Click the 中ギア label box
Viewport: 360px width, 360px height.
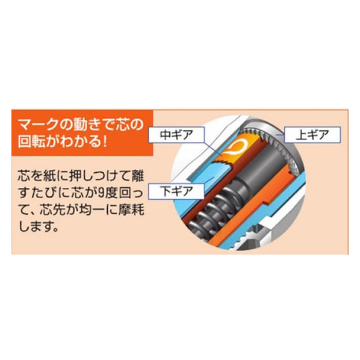(176, 134)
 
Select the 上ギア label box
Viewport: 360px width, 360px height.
(312, 134)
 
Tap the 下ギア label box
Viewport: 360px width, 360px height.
(176, 191)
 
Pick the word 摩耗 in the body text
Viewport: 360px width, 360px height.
(131, 210)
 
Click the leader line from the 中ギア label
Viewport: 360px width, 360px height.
(212, 149)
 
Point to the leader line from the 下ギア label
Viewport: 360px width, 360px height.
(209, 181)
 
